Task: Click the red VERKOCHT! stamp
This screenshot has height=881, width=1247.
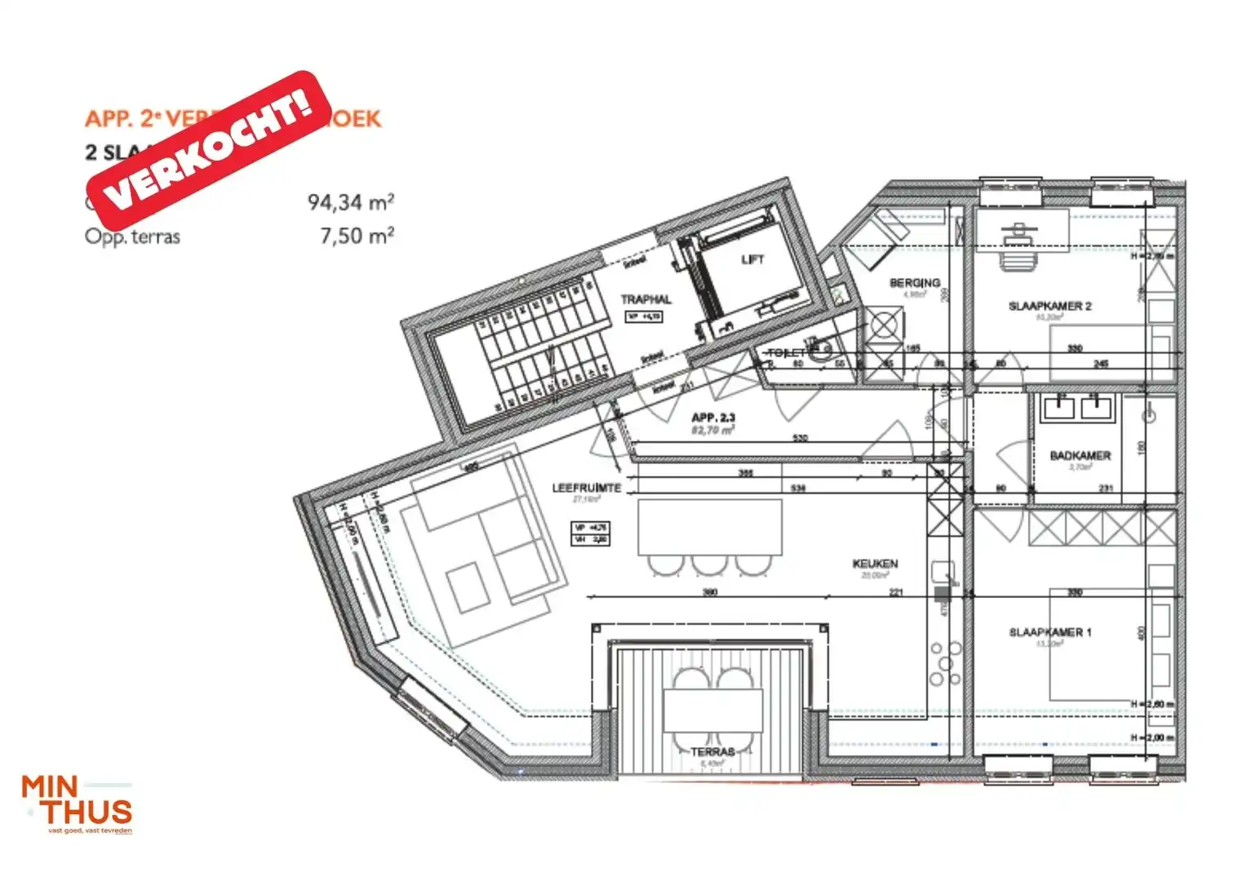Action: [x=209, y=149]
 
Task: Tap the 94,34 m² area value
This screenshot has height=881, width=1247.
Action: [x=351, y=201]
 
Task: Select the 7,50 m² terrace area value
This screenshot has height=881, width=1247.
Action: [x=357, y=237]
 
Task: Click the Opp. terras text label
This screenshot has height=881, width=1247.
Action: [x=132, y=237]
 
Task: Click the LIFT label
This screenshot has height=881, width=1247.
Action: [x=752, y=259]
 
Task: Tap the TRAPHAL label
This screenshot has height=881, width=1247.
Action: [x=646, y=299]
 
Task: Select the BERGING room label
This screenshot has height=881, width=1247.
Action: [x=914, y=282]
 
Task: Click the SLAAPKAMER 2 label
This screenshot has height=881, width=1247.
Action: [x=1050, y=306]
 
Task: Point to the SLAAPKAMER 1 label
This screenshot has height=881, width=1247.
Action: [x=1050, y=632]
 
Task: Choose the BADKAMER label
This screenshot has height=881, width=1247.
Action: [x=1080, y=455]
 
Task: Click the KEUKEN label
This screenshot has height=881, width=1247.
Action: [x=875, y=564]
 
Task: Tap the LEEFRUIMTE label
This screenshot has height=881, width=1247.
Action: [x=586, y=488]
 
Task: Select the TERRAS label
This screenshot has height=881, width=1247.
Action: [x=712, y=751]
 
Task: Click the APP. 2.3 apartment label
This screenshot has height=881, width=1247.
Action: [x=713, y=418]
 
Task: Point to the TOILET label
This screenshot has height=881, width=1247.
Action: [x=786, y=352]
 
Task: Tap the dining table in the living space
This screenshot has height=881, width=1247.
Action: [x=709, y=527]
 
